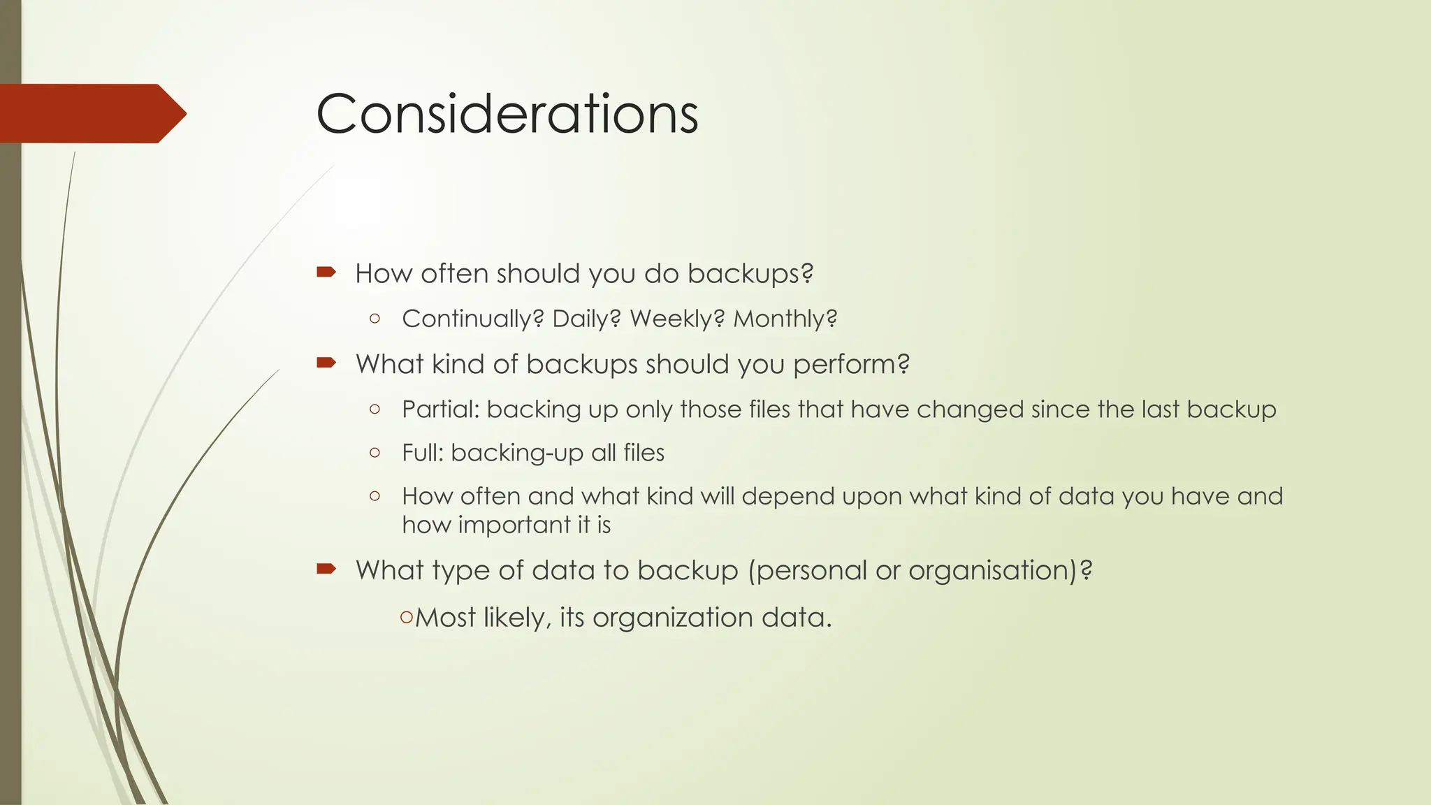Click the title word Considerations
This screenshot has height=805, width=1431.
pos(507,114)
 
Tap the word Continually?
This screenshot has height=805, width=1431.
pos(472,319)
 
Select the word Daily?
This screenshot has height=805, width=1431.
pos(586,319)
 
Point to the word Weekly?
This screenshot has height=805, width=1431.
pos(677,319)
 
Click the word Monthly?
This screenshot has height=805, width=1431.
pos(785,319)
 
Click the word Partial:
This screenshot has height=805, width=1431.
pos(440,409)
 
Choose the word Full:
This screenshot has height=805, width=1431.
pos(423,453)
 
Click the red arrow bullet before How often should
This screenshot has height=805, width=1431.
pos(326,272)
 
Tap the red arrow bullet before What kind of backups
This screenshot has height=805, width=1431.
pos(326,362)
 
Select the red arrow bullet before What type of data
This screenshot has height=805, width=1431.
pos(326,569)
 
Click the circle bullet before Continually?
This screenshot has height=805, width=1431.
pos(375,319)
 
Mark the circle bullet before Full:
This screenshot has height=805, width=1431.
pos(375,453)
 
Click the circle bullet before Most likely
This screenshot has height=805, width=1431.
pos(407,617)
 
